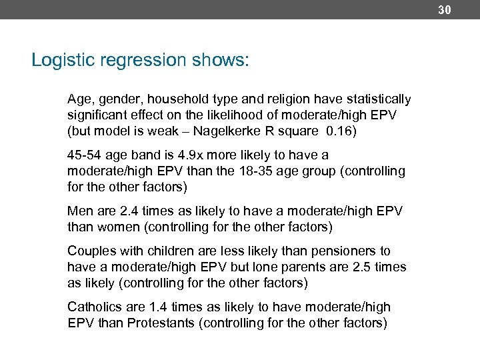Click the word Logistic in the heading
(x=59, y=61)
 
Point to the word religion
(x=293, y=99)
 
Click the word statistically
(x=379, y=99)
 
